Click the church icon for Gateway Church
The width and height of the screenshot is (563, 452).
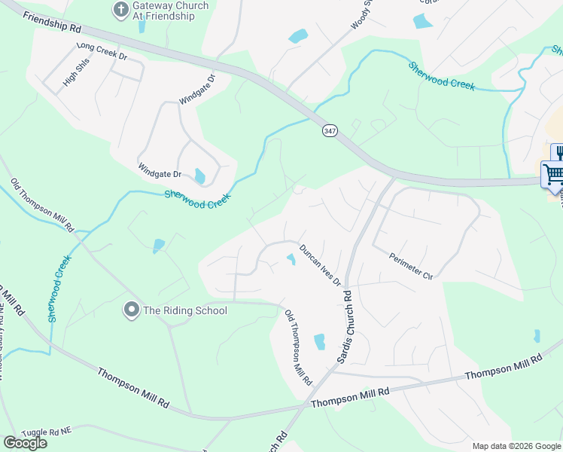120,10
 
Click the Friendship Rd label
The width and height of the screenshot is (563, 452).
52,26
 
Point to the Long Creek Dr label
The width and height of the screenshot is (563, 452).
102,51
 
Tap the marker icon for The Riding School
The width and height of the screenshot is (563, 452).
132,310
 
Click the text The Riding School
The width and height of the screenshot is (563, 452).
184,310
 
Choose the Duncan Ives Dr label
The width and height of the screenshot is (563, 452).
320,265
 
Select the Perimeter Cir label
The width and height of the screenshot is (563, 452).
411,266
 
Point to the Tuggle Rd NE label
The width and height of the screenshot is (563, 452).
47,432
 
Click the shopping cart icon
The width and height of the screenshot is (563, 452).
554,175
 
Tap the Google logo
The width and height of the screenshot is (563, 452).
25,443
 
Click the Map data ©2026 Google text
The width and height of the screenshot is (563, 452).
516,446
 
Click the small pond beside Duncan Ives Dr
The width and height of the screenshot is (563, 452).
291,260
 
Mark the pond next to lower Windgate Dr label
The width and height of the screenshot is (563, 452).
199,176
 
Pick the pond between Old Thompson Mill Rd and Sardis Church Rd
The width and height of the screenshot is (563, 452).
319,341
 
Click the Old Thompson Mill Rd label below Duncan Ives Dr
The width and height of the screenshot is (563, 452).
298,348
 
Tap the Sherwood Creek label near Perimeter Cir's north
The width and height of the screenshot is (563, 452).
442,75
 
